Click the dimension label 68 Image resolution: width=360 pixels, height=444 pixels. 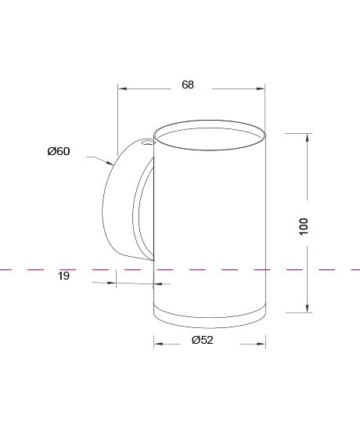[188, 85]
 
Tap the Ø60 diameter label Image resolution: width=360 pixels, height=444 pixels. [59, 151]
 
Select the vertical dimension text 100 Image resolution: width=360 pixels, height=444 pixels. [304, 226]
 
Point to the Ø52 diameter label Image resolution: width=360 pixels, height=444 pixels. [203, 340]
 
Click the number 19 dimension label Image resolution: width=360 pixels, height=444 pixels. [63, 276]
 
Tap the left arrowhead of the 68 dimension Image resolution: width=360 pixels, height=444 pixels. [122, 89]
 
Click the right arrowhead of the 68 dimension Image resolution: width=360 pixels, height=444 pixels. [261, 89]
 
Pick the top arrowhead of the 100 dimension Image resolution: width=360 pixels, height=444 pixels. [308, 138]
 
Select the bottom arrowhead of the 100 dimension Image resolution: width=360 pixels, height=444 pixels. [308, 309]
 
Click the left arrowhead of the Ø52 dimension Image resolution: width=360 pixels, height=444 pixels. [159, 344]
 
